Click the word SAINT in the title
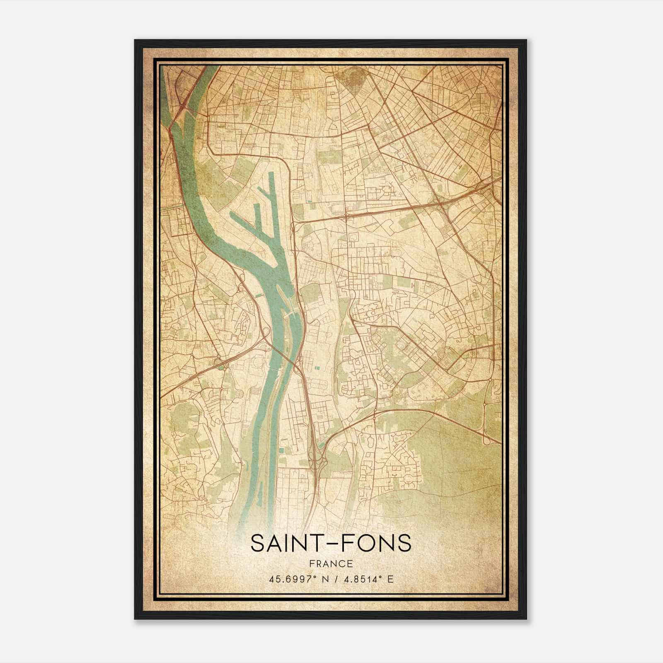(282, 544)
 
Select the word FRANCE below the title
(331, 564)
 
